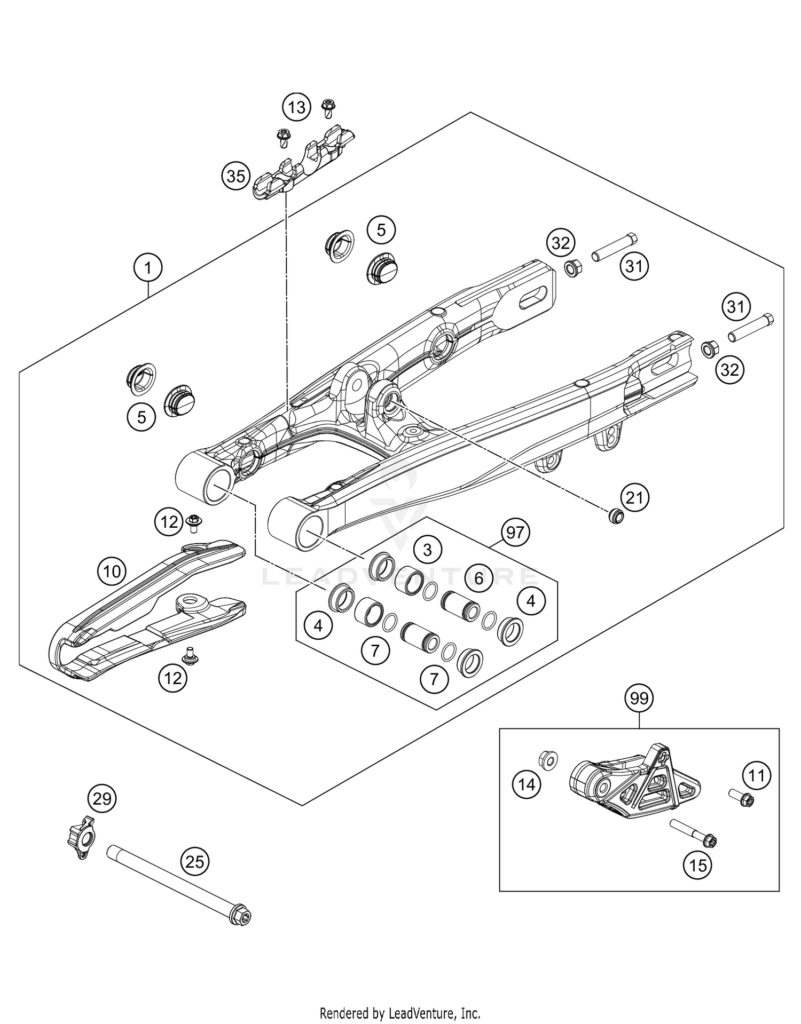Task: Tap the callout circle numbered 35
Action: click(x=236, y=176)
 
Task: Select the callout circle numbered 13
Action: click(x=297, y=107)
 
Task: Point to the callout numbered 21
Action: click(x=634, y=497)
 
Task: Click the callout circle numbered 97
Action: click(x=515, y=533)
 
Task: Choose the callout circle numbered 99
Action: click(x=639, y=698)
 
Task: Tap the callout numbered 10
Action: click(x=112, y=572)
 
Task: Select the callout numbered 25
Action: click(x=195, y=862)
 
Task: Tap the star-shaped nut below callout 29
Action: click(x=81, y=838)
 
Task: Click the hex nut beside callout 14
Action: click(x=548, y=759)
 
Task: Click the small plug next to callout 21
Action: click(x=616, y=516)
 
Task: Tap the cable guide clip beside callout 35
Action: click(x=302, y=163)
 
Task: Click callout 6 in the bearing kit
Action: click(x=478, y=577)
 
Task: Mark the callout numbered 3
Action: click(x=427, y=549)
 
